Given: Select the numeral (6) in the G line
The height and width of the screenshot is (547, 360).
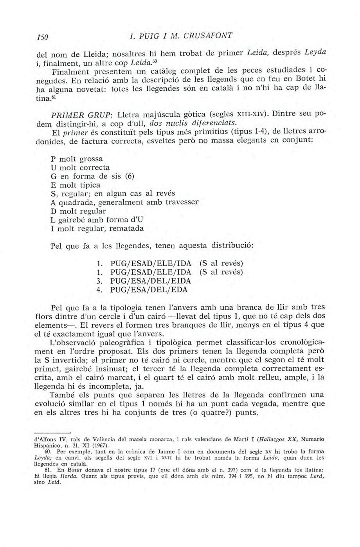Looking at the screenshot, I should click(x=130, y=176).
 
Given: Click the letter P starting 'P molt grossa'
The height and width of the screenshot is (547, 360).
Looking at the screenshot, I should click(x=53, y=159).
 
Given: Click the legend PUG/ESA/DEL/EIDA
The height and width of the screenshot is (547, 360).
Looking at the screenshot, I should click(x=151, y=281).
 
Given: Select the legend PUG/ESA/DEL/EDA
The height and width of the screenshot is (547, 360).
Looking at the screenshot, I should click(x=149, y=290).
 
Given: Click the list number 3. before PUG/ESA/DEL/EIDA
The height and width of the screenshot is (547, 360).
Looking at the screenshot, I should click(x=99, y=281).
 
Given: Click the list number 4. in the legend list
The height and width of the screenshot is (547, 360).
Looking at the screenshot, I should click(x=99, y=290).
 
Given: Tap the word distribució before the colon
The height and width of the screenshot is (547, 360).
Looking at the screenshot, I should click(x=231, y=246).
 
